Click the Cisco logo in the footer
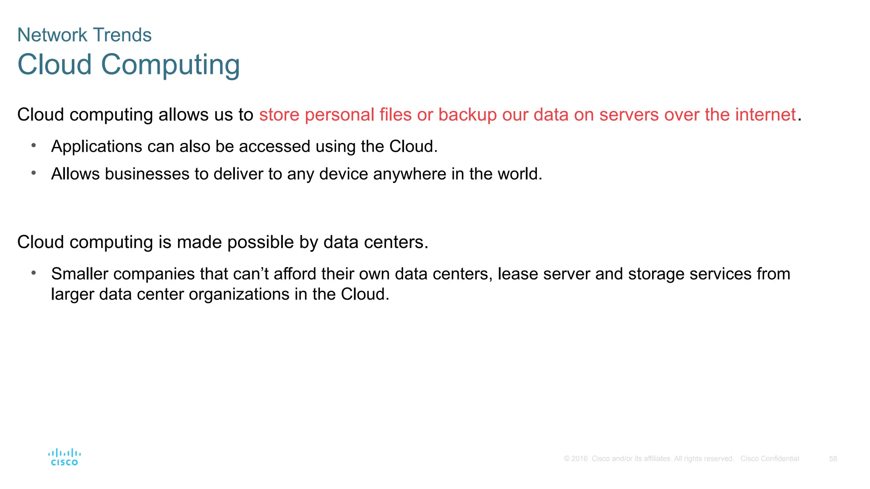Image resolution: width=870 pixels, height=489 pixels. click(64, 458)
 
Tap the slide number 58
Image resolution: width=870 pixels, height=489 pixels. click(833, 459)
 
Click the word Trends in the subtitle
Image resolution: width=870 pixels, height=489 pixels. click(122, 35)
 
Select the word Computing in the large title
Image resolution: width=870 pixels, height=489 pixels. click(170, 65)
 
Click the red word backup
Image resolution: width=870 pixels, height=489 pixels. click(467, 115)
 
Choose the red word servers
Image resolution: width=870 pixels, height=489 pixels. click(629, 115)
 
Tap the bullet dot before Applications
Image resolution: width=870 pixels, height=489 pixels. click(34, 146)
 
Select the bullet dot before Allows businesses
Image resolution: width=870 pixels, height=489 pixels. click(34, 173)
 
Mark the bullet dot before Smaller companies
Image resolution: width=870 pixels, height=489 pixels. click(34, 273)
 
